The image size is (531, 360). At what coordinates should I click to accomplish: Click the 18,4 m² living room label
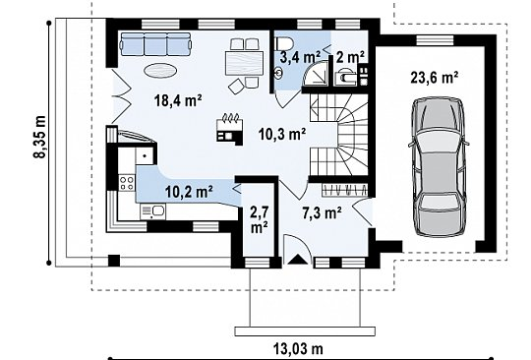tap(178, 100)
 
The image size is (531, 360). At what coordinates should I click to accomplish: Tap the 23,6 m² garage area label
tap(435, 78)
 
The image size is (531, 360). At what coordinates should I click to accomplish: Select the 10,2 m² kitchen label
tap(189, 192)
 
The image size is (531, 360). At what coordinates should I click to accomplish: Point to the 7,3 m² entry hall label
tap(322, 213)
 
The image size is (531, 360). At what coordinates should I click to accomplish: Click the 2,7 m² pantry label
tap(260, 220)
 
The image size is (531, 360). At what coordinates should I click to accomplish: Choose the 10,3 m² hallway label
tap(282, 135)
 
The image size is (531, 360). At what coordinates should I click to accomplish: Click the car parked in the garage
tap(439, 167)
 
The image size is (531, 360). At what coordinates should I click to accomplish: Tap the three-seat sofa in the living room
tap(155, 44)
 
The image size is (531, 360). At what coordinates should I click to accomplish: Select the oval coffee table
tap(160, 71)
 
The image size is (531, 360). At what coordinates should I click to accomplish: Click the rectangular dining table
tap(244, 63)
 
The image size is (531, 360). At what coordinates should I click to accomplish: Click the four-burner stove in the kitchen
tap(126, 183)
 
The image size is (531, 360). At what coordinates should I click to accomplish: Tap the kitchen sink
tap(153, 211)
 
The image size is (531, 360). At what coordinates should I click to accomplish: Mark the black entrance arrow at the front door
tap(297, 259)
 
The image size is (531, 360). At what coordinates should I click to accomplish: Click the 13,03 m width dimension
tap(298, 348)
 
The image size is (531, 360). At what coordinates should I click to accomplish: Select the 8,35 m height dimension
tap(40, 137)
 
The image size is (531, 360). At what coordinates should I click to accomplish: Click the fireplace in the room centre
tap(229, 130)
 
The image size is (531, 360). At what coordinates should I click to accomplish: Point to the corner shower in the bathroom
tap(316, 73)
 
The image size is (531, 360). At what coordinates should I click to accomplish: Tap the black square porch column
tap(114, 261)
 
